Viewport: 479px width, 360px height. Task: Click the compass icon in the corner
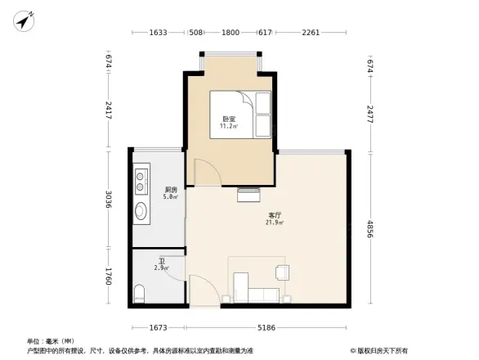(25, 20)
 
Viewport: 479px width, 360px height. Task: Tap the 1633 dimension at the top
(159, 34)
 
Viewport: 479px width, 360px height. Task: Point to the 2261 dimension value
(311, 34)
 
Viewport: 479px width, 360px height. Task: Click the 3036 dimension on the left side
(108, 199)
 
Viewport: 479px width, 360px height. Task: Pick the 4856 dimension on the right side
(369, 230)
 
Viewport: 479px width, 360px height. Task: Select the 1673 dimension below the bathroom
(159, 327)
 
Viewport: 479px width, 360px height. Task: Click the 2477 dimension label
(369, 113)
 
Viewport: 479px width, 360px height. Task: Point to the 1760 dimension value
(108, 277)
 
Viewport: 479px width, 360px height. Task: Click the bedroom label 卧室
(230, 119)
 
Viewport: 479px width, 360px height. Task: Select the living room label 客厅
(275, 214)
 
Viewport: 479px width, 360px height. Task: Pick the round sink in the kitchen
(141, 210)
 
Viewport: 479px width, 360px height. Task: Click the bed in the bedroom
(240, 114)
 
